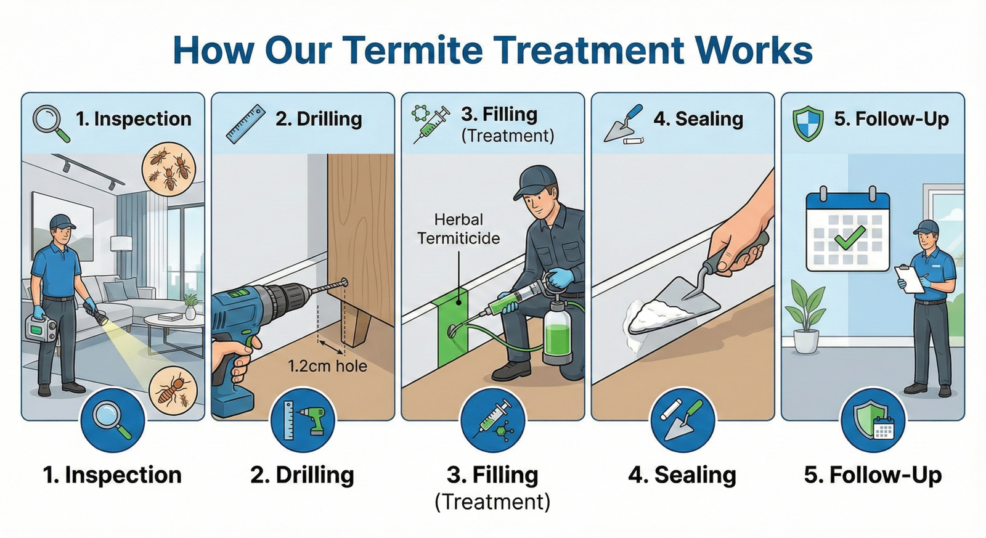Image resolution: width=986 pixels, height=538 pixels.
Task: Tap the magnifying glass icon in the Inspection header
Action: [x=49, y=121]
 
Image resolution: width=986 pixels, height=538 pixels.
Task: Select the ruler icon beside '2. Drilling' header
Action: [x=245, y=124]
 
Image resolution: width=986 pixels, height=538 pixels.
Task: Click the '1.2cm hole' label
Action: [x=327, y=366]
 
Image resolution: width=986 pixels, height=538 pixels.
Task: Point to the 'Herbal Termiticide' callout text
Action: [x=458, y=229]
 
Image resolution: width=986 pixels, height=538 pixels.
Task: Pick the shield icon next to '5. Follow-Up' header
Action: [x=807, y=122]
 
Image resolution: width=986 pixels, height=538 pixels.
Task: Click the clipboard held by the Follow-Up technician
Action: [x=910, y=278]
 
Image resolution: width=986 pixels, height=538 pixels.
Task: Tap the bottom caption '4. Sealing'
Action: [x=682, y=475]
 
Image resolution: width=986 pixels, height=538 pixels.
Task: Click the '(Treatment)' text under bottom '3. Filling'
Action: [x=492, y=502]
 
